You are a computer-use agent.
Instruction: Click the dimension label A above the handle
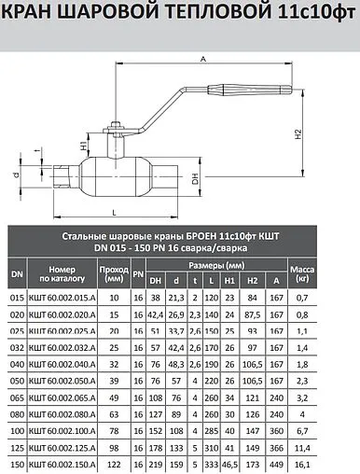tap(203, 59)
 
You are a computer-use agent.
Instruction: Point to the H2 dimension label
tap(298, 133)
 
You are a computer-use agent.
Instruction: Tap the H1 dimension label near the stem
tap(84, 146)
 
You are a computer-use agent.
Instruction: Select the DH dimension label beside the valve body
tap(195, 178)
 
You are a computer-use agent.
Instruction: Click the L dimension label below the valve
tap(114, 213)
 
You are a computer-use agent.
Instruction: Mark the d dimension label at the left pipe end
tap(17, 175)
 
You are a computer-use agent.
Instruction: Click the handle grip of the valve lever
tap(250, 90)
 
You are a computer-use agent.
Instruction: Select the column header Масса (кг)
tap(302, 273)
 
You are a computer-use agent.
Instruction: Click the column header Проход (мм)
tap(114, 273)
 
